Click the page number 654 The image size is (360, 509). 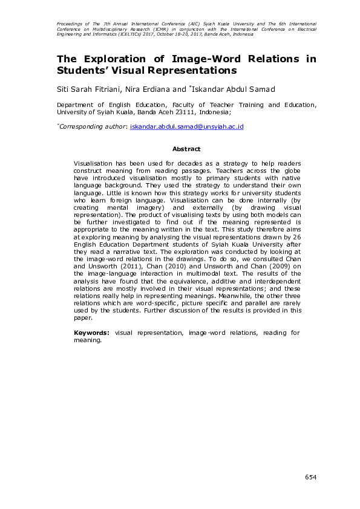coord(310,478)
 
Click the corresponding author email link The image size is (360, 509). coord(187,126)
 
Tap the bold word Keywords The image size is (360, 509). coord(91,332)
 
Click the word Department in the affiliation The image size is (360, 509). coord(75,105)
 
